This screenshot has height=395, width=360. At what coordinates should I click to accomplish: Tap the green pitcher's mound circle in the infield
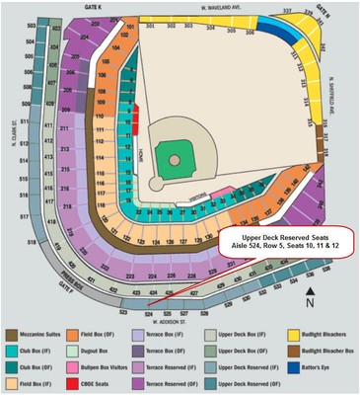(x=175, y=158)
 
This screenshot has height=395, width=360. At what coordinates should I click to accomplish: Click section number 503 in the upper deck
(x=32, y=22)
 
